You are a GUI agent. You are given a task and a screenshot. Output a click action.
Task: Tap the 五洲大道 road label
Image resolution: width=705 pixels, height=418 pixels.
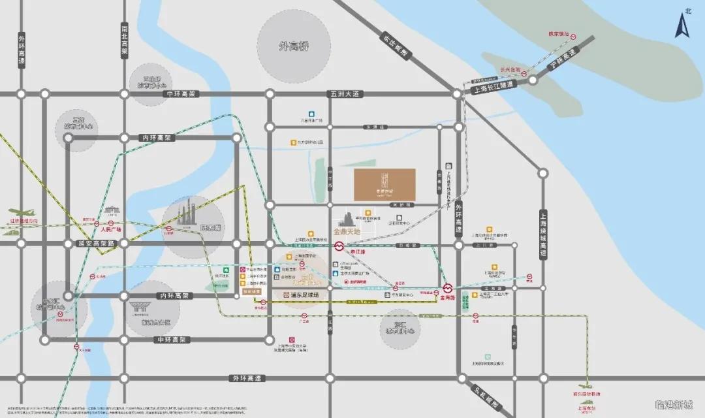[345, 94]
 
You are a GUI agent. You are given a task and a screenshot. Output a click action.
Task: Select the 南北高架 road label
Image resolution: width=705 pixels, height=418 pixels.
[125, 42]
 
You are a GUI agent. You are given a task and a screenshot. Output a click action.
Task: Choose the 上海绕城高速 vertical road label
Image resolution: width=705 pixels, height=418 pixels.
[542, 234]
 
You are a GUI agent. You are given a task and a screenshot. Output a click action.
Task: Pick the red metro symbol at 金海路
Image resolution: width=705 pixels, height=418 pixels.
[448, 288]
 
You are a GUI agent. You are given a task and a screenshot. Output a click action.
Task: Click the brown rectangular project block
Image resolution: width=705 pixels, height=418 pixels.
[384, 184]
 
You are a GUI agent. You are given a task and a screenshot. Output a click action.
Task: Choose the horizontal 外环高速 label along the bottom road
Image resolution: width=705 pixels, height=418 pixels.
[245, 378]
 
